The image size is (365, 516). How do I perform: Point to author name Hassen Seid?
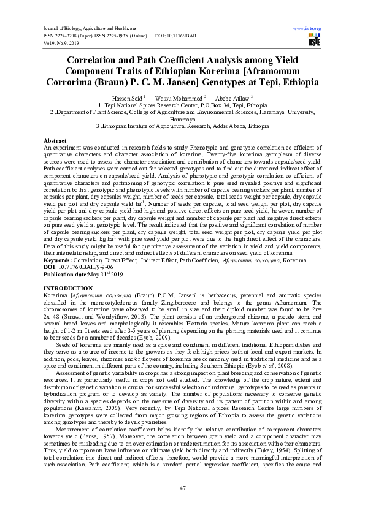126,97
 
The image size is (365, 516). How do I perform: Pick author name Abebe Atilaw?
230,97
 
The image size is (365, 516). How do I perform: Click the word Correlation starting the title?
102,61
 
